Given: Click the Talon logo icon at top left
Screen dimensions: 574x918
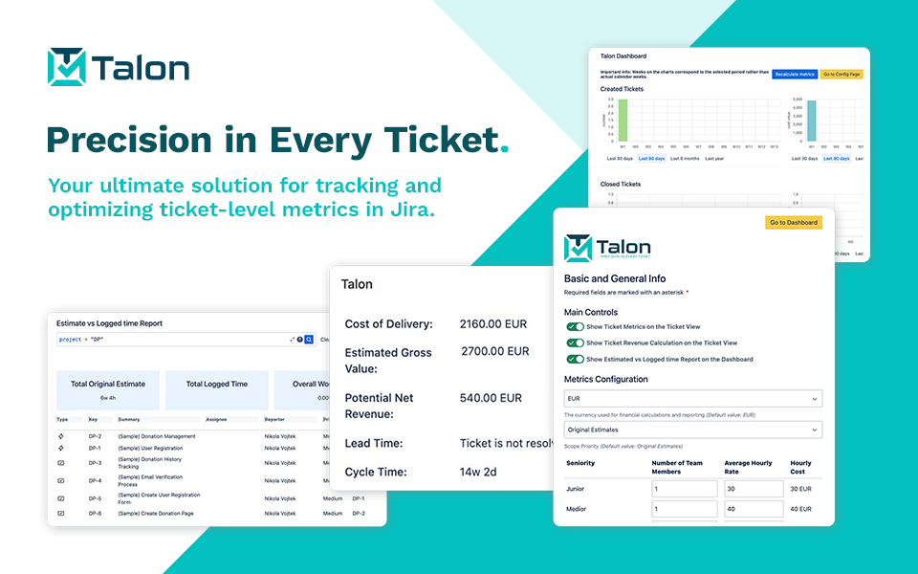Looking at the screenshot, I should coord(67,67).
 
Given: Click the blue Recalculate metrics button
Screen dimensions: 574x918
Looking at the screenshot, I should coord(795,74).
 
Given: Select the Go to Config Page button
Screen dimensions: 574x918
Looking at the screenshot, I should coord(841,74).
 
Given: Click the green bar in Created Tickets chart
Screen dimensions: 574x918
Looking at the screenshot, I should coord(623,120).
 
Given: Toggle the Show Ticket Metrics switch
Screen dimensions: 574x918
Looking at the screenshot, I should coord(575,326).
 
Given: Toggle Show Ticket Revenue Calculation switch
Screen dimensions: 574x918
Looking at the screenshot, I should coord(575,342).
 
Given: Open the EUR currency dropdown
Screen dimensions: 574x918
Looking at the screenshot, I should coord(693,398).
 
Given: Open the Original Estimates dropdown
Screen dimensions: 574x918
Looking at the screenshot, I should coord(693,430).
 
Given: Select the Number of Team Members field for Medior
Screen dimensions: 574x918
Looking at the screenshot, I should coord(684,509).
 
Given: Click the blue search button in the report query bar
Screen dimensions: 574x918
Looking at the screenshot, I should coord(309,340).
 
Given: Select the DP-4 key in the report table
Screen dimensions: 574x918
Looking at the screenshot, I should coord(95,481).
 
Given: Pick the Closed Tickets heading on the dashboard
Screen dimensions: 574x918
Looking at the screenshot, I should coord(621,184).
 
